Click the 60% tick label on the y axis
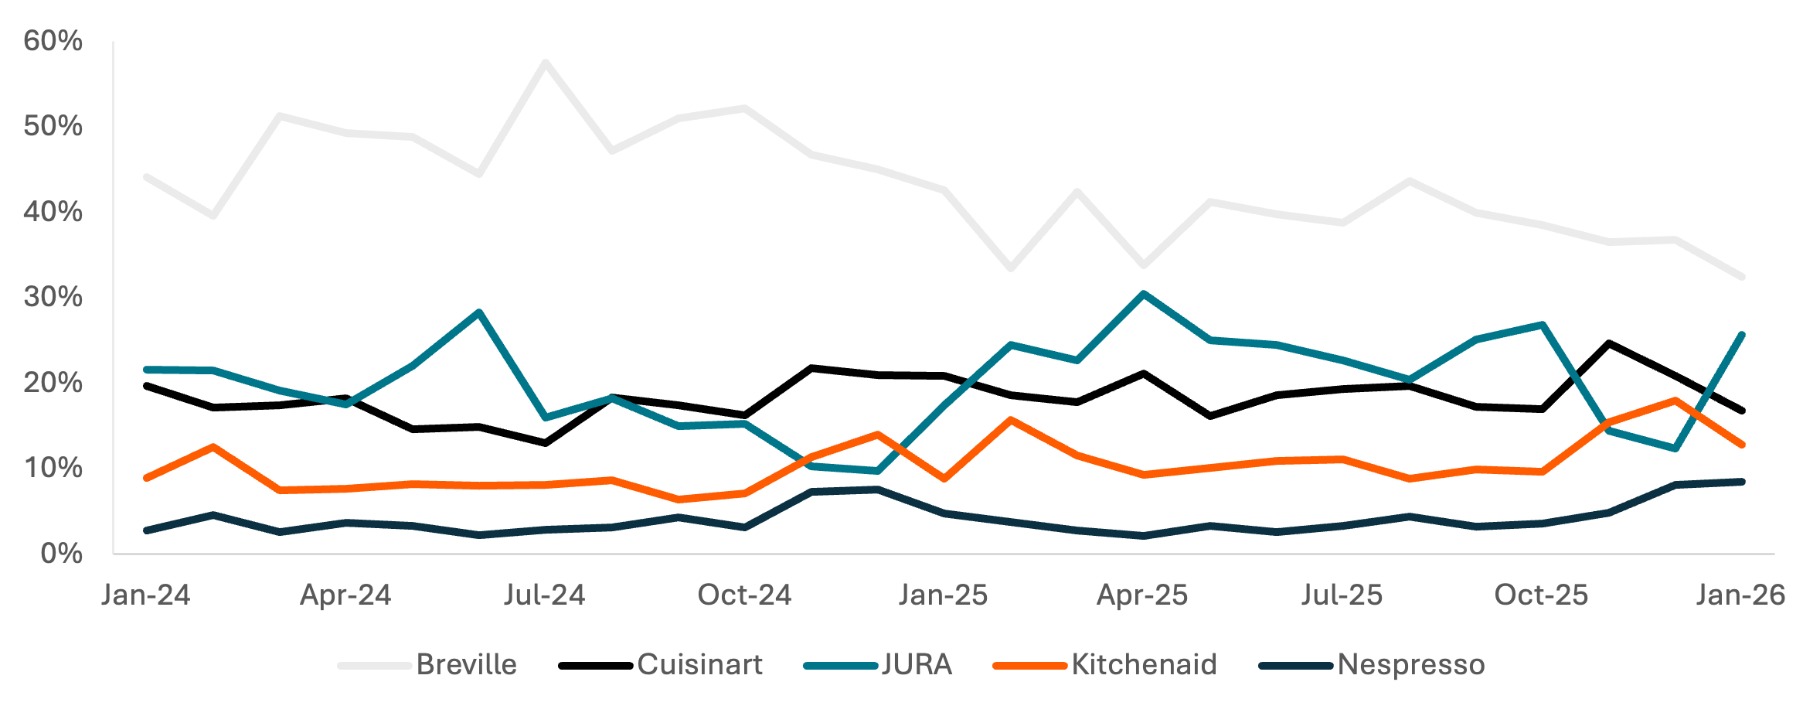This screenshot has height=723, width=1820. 53,40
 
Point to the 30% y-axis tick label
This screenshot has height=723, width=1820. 53,297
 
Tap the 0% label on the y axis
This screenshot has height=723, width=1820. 61,553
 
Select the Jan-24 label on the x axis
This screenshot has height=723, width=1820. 145,595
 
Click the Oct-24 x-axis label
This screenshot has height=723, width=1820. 744,595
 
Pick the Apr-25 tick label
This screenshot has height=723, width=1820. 1142,595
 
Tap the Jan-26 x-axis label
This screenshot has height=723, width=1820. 1740,595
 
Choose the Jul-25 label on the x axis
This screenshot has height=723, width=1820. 1342,595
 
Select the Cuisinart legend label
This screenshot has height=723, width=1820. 699,664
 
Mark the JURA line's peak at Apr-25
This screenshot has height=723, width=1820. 1143,294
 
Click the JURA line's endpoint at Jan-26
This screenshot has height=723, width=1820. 1742,334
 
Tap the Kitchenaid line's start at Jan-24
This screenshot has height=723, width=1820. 146,478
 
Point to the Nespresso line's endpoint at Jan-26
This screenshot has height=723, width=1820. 1742,482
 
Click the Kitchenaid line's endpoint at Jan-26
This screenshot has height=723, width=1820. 1742,445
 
